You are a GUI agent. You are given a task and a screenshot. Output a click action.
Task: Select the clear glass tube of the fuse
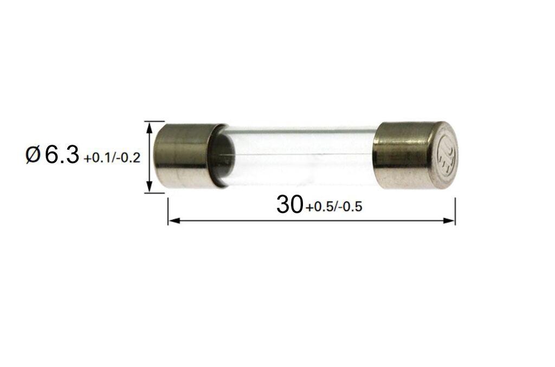pyautogui.click(x=304, y=154)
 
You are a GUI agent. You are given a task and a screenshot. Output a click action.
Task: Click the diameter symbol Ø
pyautogui.click(x=33, y=156)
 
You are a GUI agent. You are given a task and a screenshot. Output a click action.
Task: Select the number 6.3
pyautogui.click(x=62, y=156)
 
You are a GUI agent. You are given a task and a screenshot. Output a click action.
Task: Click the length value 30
pyautogui.click(x=289, y=204)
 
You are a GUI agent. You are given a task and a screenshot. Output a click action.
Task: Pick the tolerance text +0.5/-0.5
pyautogui.click(x=333, y=207)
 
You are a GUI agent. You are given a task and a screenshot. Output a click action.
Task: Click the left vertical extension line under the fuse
pyautogui.click(x=168, y=209)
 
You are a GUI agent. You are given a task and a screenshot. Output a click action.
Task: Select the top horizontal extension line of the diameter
pyautogui.click(x=154, y=121)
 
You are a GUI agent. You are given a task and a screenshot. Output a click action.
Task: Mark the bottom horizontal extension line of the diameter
pyautogui.click(x=154, y=192)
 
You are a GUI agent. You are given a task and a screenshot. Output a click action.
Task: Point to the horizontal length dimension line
pyautogui.click(x=312, y=220)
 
